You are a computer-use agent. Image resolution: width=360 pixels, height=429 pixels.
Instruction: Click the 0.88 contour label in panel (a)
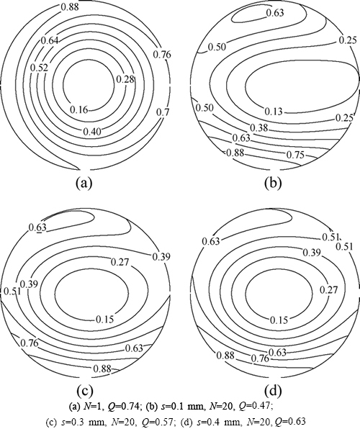point(70,6)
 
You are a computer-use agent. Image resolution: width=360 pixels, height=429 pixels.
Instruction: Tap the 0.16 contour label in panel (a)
point(79,109)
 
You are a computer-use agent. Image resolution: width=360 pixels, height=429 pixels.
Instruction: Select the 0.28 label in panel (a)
point(126,79)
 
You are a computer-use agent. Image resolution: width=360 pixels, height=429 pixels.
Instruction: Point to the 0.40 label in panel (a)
point(92,132)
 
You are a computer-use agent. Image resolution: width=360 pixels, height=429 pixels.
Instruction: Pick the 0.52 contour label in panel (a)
point(39,68)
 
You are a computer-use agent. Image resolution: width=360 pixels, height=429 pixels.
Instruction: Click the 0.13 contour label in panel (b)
point(273,112)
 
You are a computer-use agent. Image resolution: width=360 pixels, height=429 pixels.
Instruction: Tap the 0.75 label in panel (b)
point(295,155)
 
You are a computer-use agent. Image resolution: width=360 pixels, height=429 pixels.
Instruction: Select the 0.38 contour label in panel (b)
point(259,127)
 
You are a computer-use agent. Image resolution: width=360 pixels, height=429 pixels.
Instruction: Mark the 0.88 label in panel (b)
point(235,152)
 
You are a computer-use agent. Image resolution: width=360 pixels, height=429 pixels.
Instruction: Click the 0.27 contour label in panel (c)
point(120,262)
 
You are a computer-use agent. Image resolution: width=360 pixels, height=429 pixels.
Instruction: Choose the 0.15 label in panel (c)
point(104,319)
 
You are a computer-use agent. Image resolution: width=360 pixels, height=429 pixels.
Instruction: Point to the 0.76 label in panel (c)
point(30,343)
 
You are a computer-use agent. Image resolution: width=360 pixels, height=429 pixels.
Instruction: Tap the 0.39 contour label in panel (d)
point(311,253)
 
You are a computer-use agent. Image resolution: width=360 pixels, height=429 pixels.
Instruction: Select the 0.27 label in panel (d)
point(329,289)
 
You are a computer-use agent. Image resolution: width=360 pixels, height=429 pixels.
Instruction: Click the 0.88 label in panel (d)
point(225,356)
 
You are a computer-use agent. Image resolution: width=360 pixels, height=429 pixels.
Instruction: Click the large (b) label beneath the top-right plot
point(273,183)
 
